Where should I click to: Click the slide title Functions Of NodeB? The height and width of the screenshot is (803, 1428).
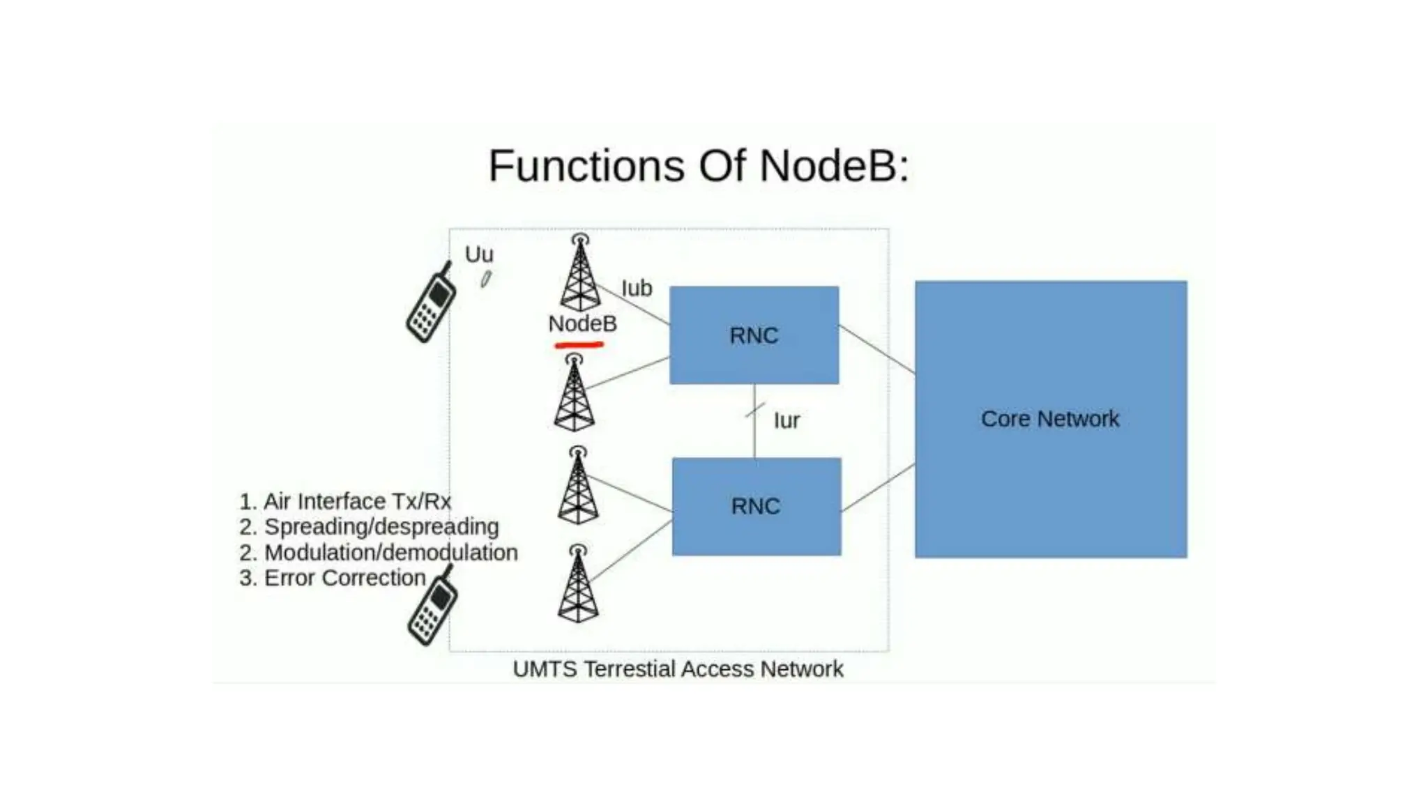699,166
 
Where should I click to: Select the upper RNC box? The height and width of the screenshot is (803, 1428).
754,335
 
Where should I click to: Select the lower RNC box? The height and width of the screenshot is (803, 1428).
757,507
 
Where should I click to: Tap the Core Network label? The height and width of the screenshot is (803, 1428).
1049,419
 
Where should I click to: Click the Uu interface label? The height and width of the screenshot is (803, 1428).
479,254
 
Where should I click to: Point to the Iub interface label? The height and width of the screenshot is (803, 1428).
636,288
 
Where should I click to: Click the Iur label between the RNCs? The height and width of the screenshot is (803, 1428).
787,420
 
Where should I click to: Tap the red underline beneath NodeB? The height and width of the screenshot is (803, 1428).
579,344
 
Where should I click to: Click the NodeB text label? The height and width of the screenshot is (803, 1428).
582,323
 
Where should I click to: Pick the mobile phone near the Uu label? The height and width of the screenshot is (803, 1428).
432,304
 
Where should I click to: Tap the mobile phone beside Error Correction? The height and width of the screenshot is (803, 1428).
433,606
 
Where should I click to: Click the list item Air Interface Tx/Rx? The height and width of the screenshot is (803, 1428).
345,501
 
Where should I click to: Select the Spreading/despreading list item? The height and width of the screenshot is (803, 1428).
370,526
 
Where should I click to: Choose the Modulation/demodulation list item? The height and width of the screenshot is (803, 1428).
379,552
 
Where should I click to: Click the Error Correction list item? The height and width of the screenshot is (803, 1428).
333,578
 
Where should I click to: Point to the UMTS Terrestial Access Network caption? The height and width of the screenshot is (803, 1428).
678,668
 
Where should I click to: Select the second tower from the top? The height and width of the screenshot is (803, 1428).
574,393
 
